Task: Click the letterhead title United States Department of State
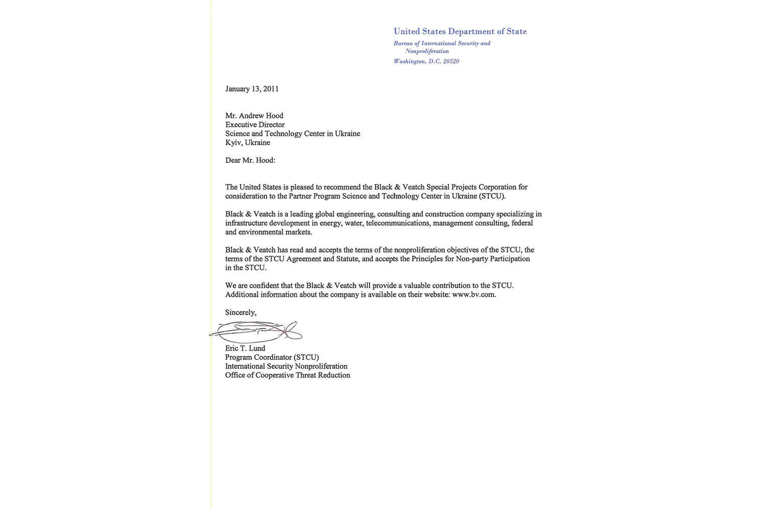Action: pos(460,32)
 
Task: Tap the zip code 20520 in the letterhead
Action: pos(451,61)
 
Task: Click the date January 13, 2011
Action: pos(252,89)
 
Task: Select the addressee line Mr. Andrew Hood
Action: pos(254,116)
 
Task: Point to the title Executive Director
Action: pos(255,125)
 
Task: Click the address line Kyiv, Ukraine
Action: pos(248,143)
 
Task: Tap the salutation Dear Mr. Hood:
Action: pos(250,160)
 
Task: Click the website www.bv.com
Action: pos(473,295)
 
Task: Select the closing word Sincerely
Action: pos(241,313)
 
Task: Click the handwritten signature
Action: pos(255,332)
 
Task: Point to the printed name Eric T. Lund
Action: pos(245,349)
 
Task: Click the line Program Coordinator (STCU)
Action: pos(272,358)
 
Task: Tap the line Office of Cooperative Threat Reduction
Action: pos(288,376)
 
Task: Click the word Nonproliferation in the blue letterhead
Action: pos(427,52)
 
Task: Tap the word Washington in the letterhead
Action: pos(409,61)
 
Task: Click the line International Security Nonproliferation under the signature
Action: pos(286,366)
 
